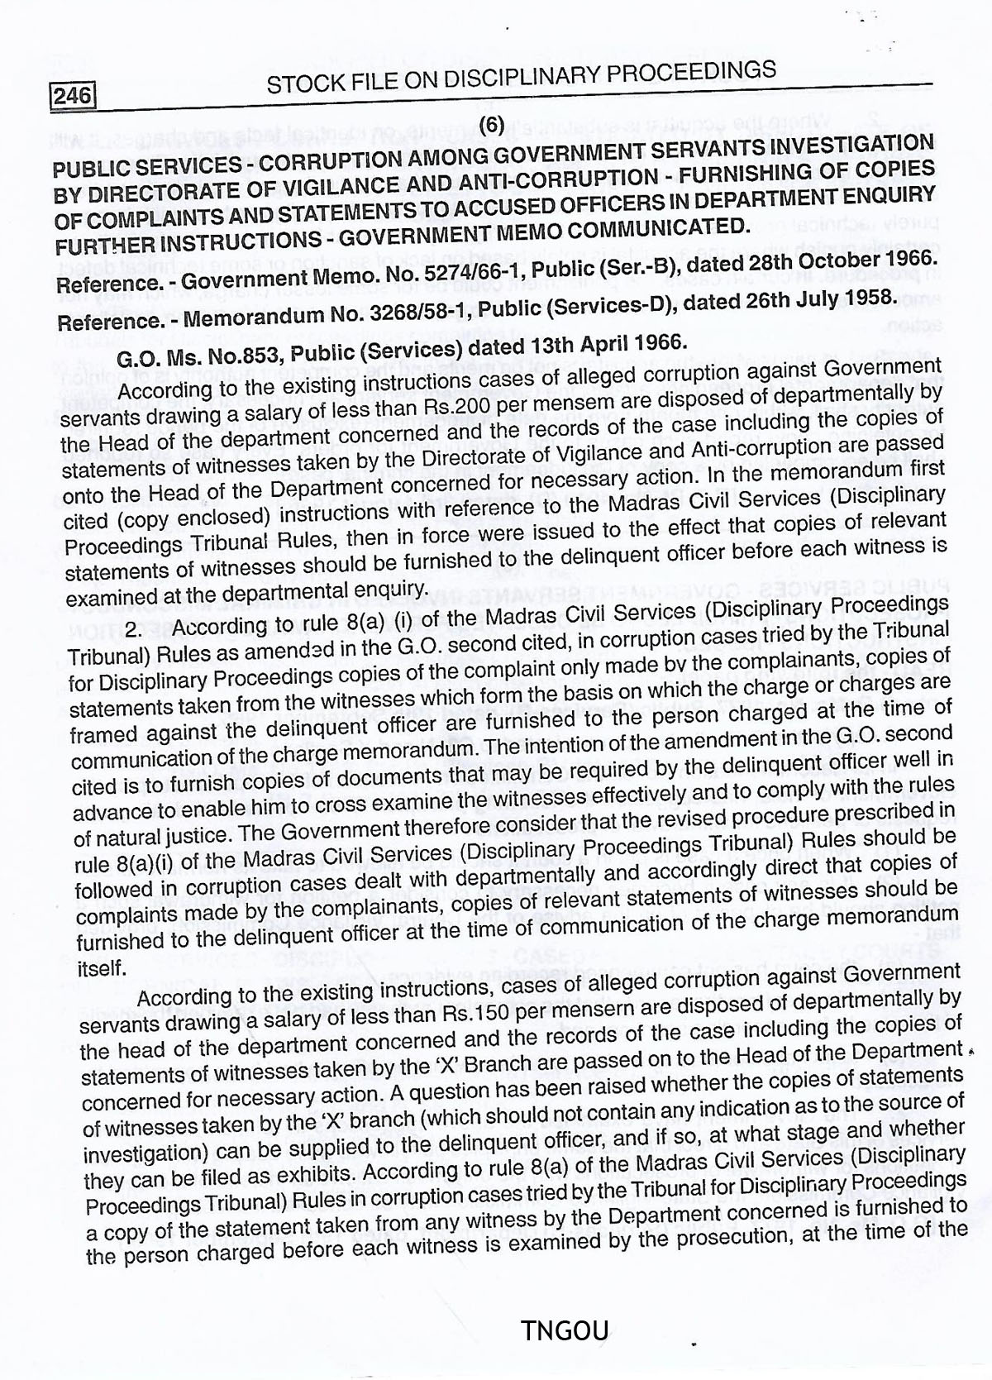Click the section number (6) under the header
coord(491,124)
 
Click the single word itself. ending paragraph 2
coord(102,967)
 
